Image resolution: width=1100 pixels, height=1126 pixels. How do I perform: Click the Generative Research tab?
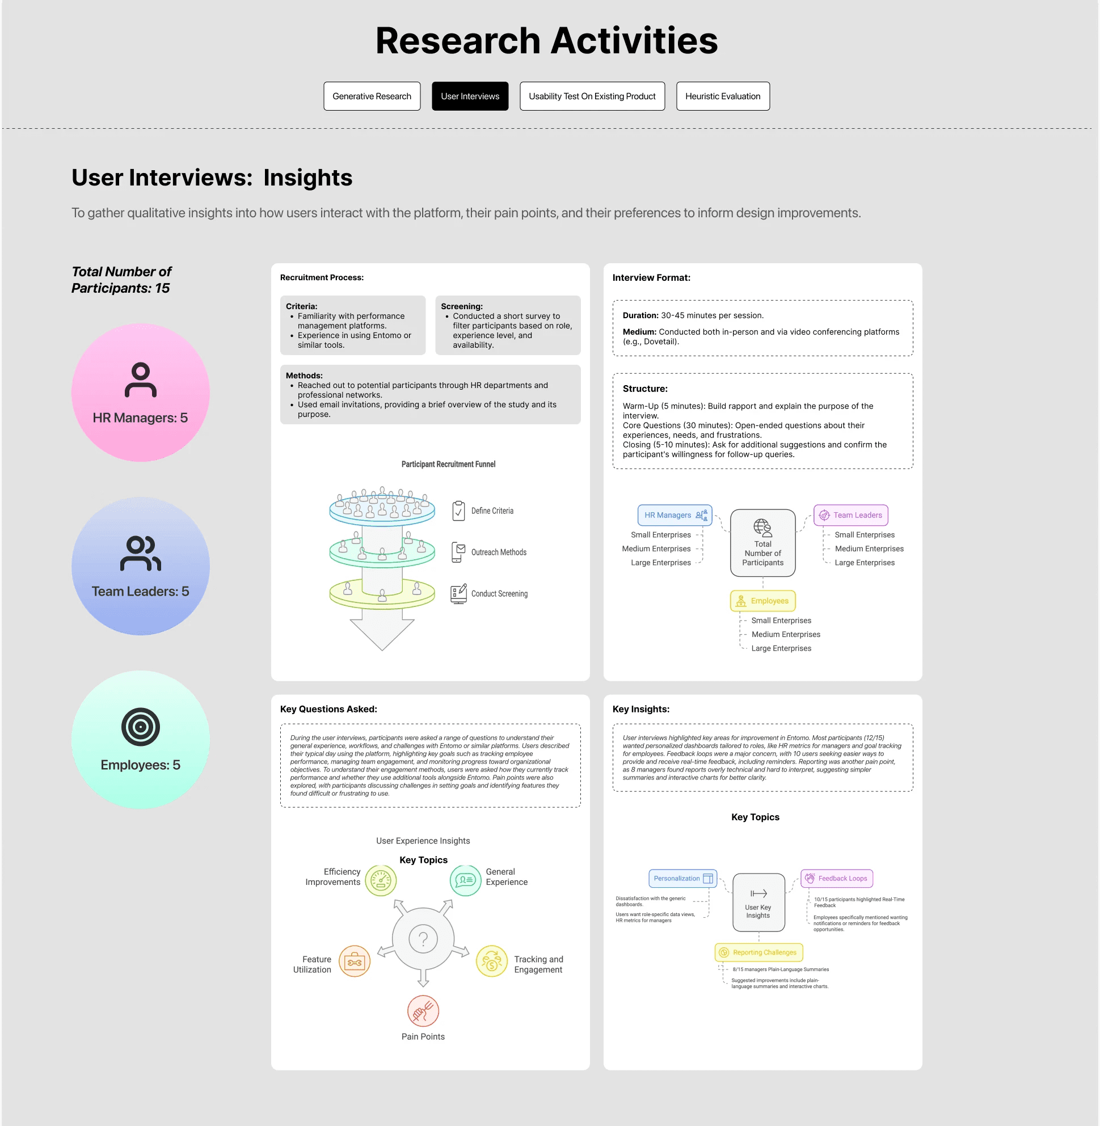pyautogui.click(x=372, y=96)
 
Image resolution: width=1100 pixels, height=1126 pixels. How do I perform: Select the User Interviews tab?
pyautogui.click(x=470, y=96)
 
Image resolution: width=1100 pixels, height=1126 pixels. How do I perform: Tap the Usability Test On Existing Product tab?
pyautogui.click(x=592, y=96)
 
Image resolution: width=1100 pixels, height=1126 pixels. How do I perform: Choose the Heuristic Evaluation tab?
pyautogui.click(x=722, y=96)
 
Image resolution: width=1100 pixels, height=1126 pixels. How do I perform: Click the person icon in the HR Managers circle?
pyautogui.click(x=140, y=379)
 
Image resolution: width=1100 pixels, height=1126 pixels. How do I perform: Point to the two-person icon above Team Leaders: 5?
pyautogui.click(x=140, y=553)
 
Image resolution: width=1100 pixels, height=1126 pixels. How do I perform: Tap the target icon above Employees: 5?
pyautogui.click(x=140, y=726)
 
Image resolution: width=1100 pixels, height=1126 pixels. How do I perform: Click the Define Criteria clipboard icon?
pyautogui.click(x=458, y=511)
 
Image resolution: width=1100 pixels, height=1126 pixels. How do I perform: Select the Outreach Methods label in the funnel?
pyautogui.click(x=499, y=553)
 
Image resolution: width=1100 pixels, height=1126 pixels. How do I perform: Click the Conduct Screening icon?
pyautogui.click(x=458, y=593)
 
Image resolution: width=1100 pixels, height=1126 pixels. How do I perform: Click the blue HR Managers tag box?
pyautogui.click(x=674, y=514)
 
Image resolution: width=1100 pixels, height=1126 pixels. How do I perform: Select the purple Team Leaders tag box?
pyautogui.click(x=850, y=514)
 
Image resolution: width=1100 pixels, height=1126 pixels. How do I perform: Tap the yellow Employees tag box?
pyautogui.click(x=762, y=601)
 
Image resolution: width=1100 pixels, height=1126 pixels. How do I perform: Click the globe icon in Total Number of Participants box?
pyautogui.click(x=762, y=528)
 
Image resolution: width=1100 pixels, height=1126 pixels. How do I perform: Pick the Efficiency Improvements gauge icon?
pyautogui.click(x=381, y=880)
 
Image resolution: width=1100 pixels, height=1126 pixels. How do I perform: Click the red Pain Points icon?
pyautogui.click(x=423, y=1011)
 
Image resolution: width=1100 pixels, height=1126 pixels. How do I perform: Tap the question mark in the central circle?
pyautogui.click(x=423, y=938)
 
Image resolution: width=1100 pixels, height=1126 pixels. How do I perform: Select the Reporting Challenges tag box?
pyautogui.click(x=758, y=952)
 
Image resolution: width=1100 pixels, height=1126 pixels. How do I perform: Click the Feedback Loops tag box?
pyautogui.click(x=836, y=878)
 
